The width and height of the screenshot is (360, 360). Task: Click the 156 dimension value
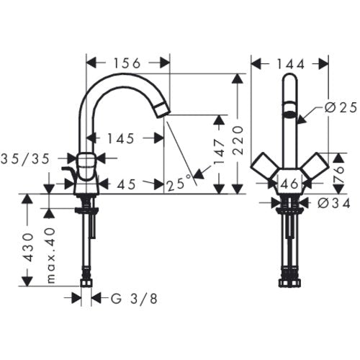coord(127,63)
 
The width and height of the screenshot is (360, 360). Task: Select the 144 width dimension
coord(291,64)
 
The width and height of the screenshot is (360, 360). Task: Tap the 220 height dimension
coord(238,140)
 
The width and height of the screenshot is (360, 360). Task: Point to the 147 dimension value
coord(220,151)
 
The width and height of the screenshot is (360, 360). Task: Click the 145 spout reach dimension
coord(120,138)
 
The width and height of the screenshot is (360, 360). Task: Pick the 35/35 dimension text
coord(25,158)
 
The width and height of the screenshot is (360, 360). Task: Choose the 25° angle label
coord(179,184)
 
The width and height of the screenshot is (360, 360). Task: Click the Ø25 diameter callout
coord(341,108)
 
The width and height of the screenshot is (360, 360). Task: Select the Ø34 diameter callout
coord(334,204)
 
